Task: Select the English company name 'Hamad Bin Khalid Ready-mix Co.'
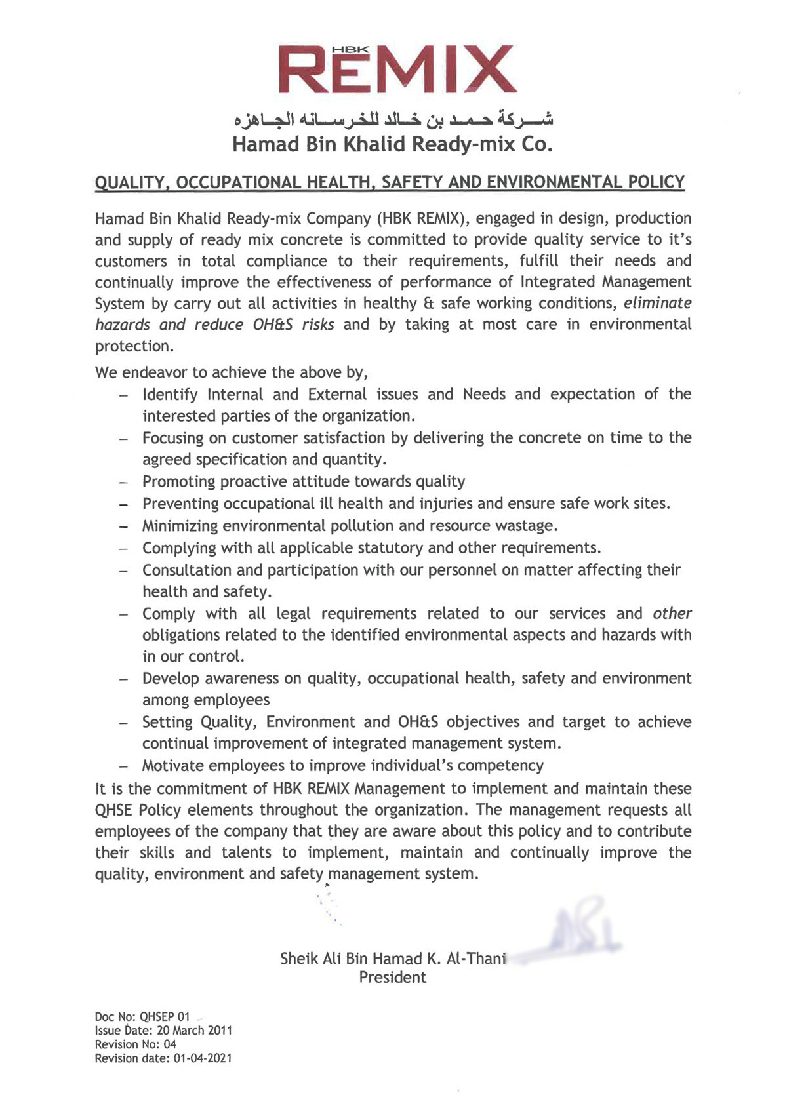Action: pos(392,144)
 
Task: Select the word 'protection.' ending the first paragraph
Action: pos(134,346)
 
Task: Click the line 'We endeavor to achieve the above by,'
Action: pos(232,372)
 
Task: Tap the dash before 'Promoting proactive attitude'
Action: pos(123,483)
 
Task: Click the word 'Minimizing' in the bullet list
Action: pos(180,526)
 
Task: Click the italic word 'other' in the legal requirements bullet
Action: pos(672,614)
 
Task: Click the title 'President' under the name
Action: pos(392,978)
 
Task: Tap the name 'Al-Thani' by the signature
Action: pos(476,959)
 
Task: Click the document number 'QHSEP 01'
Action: pos(165,1017)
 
